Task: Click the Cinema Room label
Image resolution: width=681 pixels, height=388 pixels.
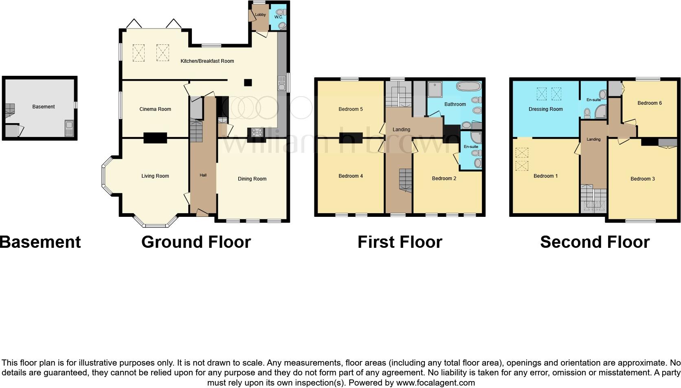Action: click(x=155, y=109)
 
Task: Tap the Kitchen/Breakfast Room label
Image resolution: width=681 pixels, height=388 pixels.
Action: click(x=207, y=61)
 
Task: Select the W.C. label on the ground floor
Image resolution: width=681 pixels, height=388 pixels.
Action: click(x=278, y=17)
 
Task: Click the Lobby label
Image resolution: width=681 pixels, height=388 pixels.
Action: click(x=260, y=15)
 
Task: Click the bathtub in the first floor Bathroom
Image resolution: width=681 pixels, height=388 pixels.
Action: click(x=469, y=86)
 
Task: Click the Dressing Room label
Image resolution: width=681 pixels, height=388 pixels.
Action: click(x=545, y=109)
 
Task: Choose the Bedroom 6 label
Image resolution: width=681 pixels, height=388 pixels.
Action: click(x=649, y=103)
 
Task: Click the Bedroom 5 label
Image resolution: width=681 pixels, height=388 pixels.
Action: click(x=350, y=109)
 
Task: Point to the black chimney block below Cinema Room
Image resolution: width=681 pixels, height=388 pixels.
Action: click(x=155, y=138)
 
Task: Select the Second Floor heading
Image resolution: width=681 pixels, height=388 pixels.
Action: click(x=594, y=242)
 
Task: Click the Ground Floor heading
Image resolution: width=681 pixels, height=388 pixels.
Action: click(x=196, y=242)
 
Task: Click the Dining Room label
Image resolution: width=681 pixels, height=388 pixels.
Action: click(x=252, y=179)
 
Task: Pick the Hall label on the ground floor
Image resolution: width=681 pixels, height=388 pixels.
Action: click(x=203, y=175)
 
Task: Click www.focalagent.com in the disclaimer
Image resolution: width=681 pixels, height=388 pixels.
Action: click(x=435, y=383)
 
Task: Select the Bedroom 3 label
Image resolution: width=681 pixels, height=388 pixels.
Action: click(x=642, y=179)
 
